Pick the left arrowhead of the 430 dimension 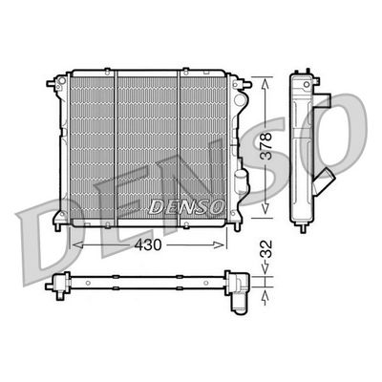click(75, 244)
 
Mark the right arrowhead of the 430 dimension click(228, 244)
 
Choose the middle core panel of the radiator click(149, 143)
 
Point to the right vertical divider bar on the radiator click(180, 143)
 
